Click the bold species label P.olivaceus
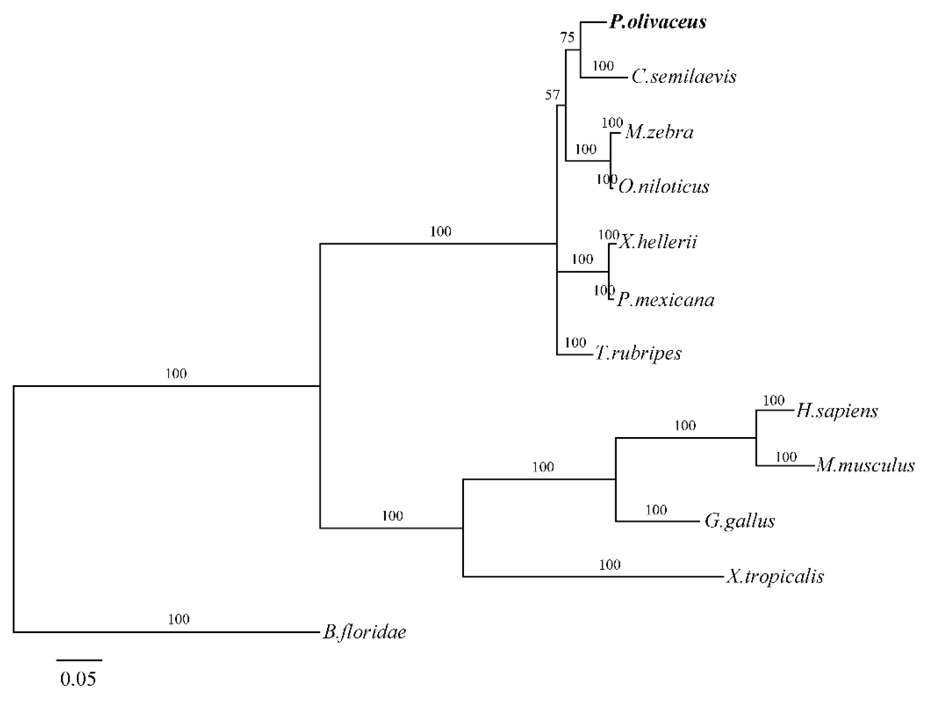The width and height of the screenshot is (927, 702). (657, 22)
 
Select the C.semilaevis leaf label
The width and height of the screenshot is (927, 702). (683, 76)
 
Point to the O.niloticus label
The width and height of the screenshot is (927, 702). (664, 186)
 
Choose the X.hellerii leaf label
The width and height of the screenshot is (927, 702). (658, 242)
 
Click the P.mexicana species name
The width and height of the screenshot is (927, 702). (666, 300)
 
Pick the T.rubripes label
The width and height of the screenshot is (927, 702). (638, 353)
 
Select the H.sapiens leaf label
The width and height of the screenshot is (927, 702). (836, 411)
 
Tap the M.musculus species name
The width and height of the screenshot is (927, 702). (865, 466)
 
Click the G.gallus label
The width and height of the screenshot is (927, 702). (740, 521)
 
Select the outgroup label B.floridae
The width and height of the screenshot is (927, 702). (365, 632)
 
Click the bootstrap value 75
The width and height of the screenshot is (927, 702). (568, 38)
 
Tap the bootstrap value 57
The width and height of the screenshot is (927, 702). (552, 96)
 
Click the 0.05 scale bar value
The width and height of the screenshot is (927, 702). (78, 679)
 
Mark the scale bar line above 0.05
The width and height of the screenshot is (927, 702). (79, 660)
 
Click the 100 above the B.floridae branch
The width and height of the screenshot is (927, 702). (179, 619)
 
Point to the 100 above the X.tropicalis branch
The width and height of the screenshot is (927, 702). (610, 565)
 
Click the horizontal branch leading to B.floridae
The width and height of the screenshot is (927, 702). (168, 631)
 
